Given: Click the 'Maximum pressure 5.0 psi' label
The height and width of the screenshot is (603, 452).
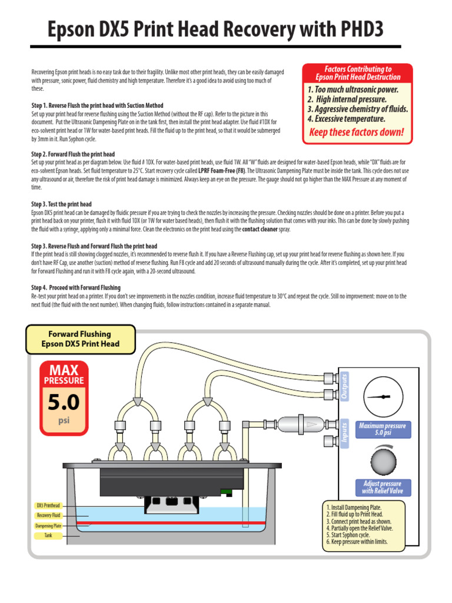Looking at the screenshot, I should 383,429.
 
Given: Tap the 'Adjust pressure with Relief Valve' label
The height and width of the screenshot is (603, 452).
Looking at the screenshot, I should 383,487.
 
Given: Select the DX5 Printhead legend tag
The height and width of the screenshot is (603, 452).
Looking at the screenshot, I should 48,505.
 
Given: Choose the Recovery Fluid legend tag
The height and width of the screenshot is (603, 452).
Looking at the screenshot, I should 48,515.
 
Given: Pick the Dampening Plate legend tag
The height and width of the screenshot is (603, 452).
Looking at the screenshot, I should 48,526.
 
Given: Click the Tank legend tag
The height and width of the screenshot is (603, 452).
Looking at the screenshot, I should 48,536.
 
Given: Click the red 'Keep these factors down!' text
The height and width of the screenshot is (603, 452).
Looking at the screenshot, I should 357,132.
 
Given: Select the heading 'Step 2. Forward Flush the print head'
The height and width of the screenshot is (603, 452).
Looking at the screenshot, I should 73,154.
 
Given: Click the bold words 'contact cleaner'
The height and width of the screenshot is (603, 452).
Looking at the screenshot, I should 260,228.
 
